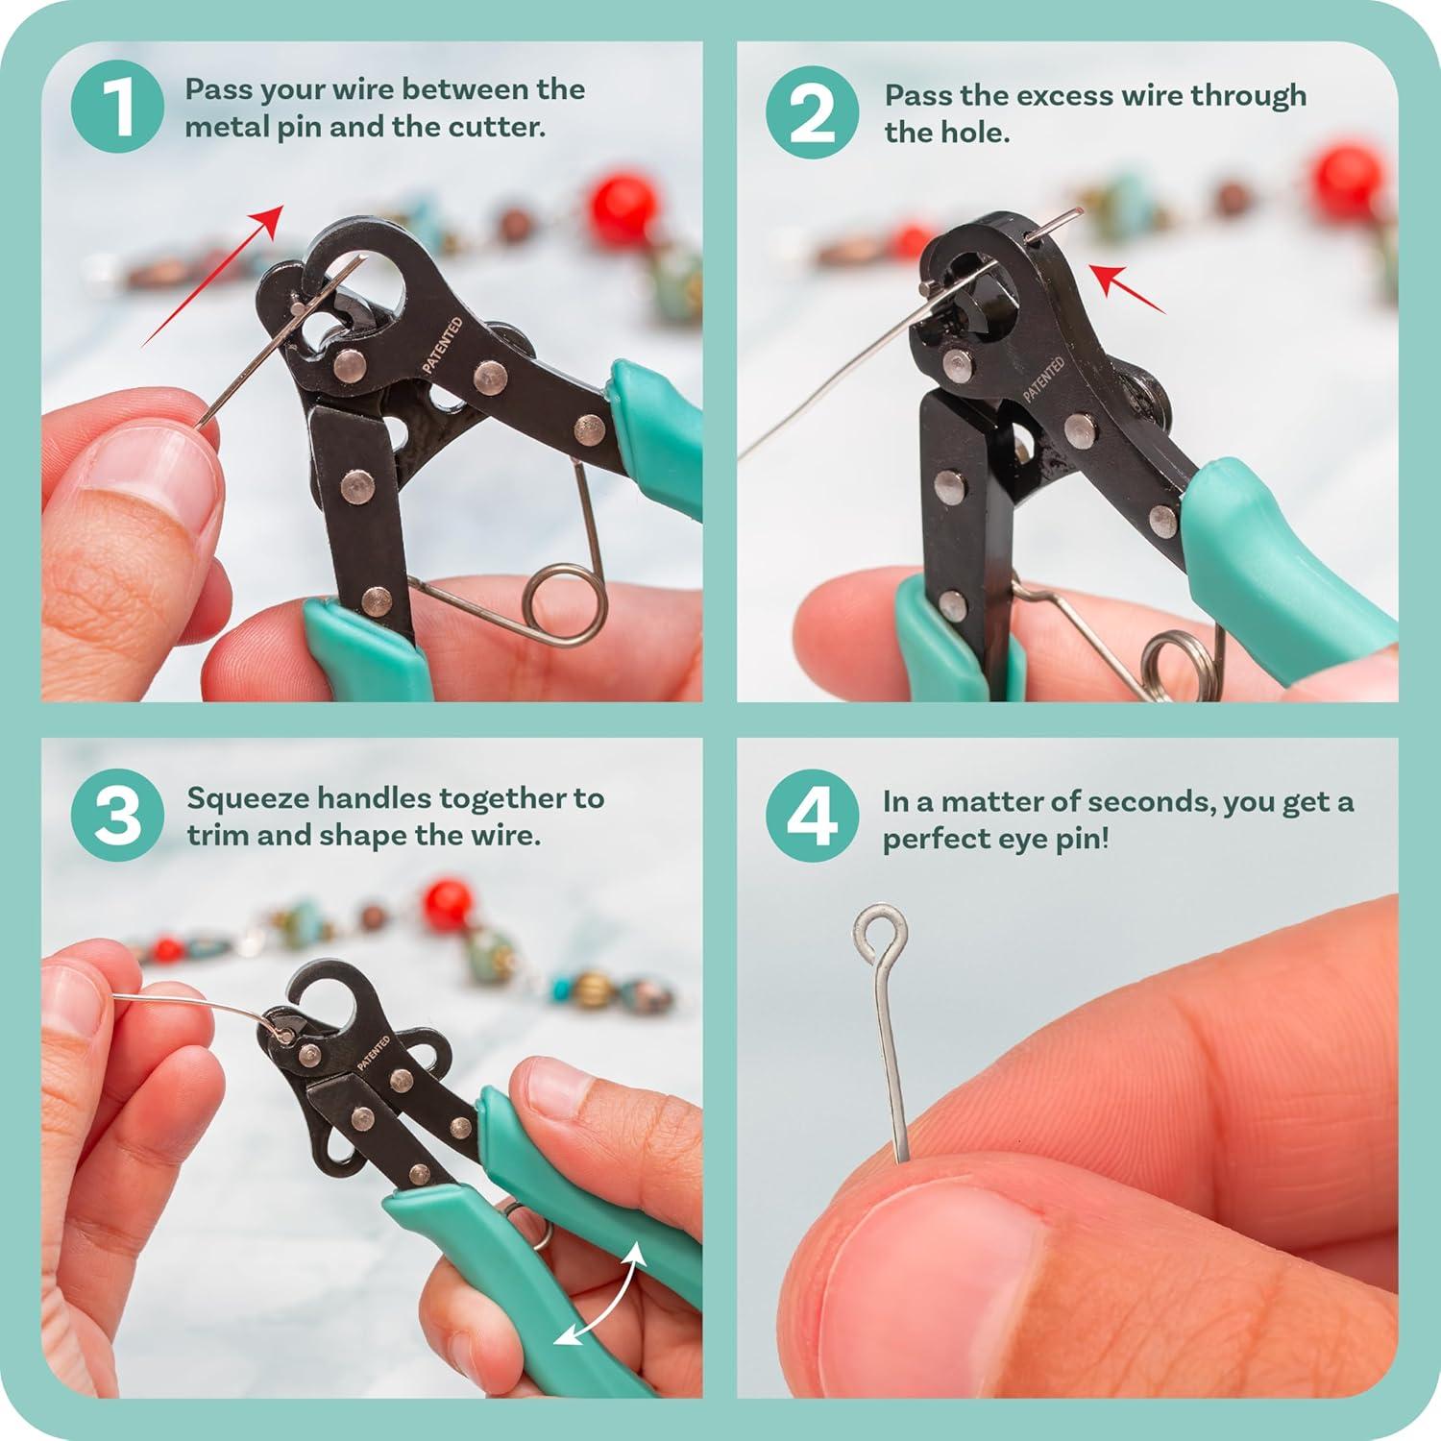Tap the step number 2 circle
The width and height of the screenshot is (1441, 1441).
click(x=812, y=113)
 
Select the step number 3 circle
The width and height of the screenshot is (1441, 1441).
click(x=117, y=816)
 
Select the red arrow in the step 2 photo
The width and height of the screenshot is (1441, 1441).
click(x=1131, y=289)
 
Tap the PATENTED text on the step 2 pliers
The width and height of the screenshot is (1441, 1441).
click(x=1043, y=380)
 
